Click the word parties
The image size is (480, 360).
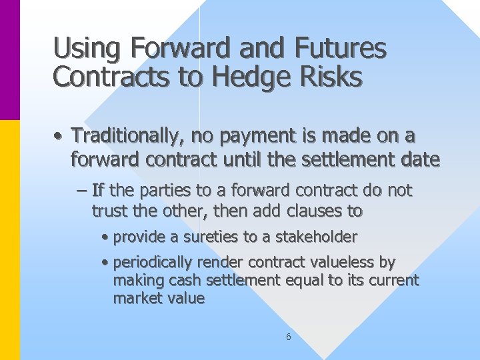(161, 191)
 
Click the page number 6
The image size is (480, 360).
(288, 337)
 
